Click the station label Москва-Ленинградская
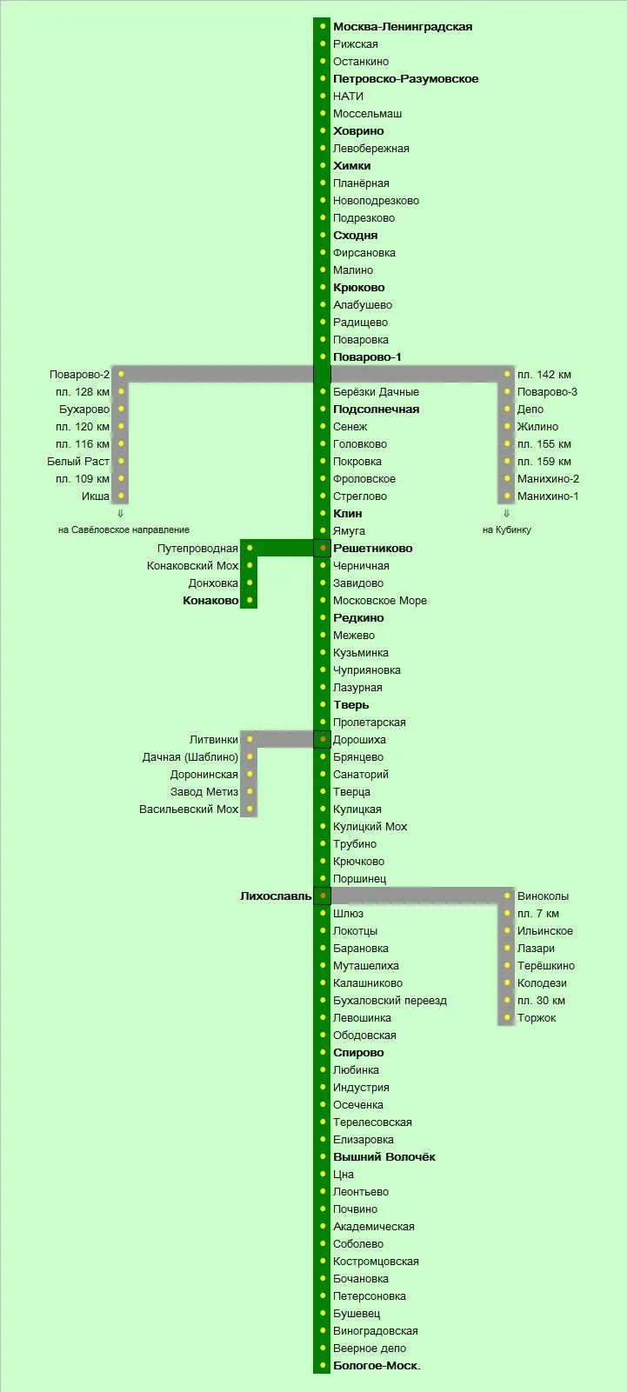[x=403, y=27]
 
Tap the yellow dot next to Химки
[x=323, y=166]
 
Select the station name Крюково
[x=358, y=288]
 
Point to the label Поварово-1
[x=367, y=357]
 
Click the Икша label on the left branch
[x=96, y=496]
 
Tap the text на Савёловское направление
[x=123, y=529]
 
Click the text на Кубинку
[x=506, y=529]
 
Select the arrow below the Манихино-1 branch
[x=506, y=514]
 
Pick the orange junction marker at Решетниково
[x=323, y=549]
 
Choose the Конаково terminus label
[x=210, y=601]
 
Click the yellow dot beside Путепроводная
[x=250, y=549]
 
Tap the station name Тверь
[x=350, y=705]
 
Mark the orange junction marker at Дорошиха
[x=323, y=740]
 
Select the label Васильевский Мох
[x=189, y=809]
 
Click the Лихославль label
[x=276, y=896]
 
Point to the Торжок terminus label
[x=537, y=1018]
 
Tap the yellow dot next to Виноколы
[x=507, y=896]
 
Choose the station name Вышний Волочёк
[x=384, y=1157]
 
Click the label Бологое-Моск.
[x=377, y=1366]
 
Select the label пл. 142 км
[x=544, y=375]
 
